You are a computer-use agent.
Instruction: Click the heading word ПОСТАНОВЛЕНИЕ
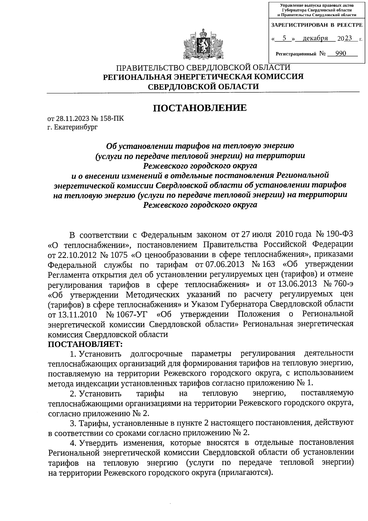pos(200,108)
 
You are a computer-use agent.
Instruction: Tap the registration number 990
pos(340,54)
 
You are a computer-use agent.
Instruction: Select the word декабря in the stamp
pos(315,38)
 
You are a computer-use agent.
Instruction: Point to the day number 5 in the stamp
pos(284,38)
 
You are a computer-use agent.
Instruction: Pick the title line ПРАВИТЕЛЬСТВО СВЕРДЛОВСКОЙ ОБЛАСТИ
pos(203,68)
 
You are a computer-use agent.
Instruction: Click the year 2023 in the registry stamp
pos(344,38)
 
